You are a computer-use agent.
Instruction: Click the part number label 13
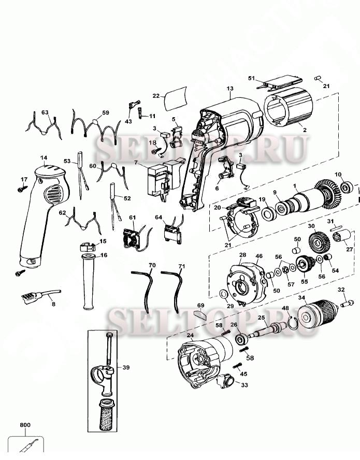pos(230,89)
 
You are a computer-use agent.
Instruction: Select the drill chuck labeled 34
pos(316,314)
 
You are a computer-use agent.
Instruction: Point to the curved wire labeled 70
pos(147,290)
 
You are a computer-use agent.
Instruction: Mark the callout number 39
pos(126,368)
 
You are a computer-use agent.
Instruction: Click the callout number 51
pos(252,78)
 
